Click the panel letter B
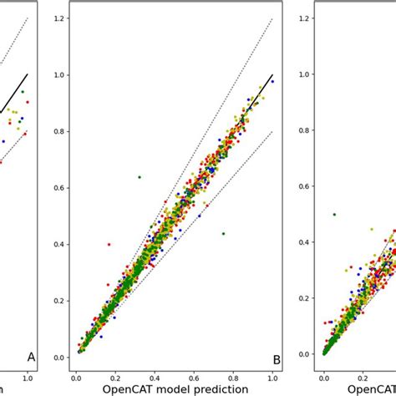pos(277,360)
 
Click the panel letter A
pos(31,357)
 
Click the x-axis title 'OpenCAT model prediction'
pos(175,388)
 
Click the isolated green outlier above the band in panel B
pos(140,177)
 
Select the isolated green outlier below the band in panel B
pos(223,233)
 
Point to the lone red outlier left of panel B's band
pos(109,244)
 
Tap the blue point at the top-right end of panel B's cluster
pos(272,81)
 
